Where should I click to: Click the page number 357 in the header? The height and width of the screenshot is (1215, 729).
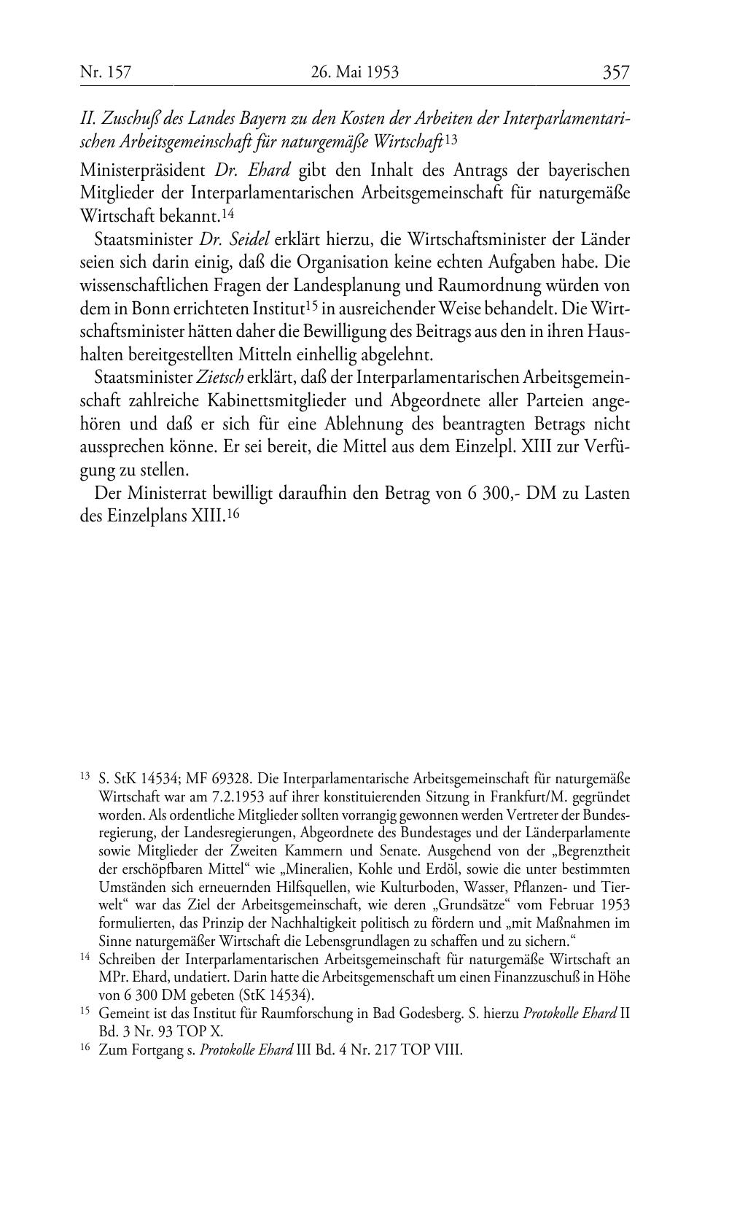click(615, 72)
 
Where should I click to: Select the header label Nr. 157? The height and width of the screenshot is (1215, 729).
click(105, 72)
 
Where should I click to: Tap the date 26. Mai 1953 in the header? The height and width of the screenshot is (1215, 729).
click(355, 72)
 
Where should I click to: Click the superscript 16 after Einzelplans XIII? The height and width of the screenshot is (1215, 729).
click(233, 513)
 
